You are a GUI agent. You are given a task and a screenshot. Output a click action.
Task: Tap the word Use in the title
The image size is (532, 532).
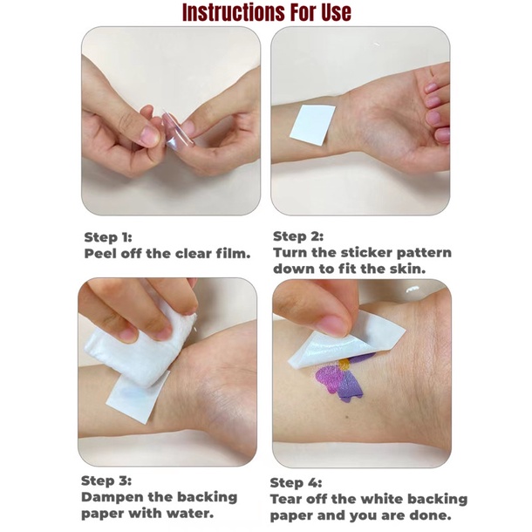point(334,12)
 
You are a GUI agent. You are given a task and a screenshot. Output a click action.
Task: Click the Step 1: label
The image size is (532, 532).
point(108,237)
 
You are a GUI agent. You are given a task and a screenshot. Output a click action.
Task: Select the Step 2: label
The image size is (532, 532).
point(298,236)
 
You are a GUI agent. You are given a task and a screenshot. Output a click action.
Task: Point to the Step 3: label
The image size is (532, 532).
point(106,481)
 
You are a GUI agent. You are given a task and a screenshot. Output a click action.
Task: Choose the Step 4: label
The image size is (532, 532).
point(296,483)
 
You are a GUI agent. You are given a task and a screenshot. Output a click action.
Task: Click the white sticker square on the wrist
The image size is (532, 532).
point(312,126)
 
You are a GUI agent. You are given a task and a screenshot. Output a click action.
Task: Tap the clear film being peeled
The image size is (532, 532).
point(176,128)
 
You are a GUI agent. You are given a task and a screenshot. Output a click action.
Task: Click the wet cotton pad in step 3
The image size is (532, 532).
point(140,347)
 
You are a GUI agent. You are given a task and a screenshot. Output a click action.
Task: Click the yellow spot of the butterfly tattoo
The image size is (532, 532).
point(344,365)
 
